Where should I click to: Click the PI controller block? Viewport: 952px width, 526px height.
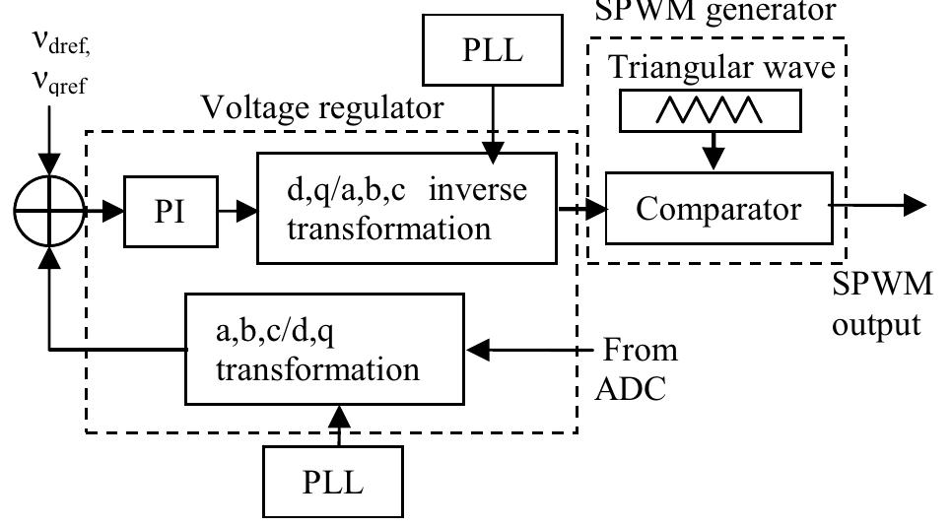coord(170,211)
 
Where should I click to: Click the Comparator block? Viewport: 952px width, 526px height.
coord(716,208)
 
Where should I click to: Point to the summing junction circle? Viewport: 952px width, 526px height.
coord(46,210)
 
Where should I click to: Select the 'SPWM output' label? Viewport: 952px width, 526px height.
coord(881,303)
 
